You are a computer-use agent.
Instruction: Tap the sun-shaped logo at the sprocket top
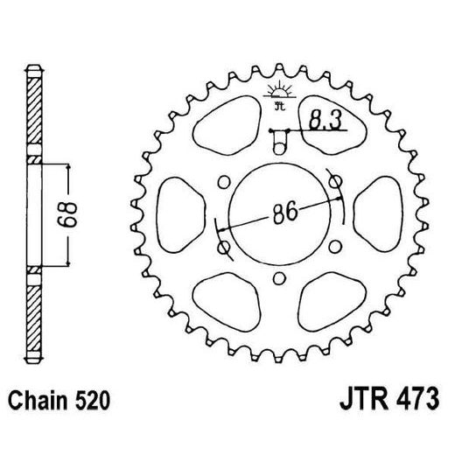278,95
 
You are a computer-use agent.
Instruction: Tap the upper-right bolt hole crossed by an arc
333,181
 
